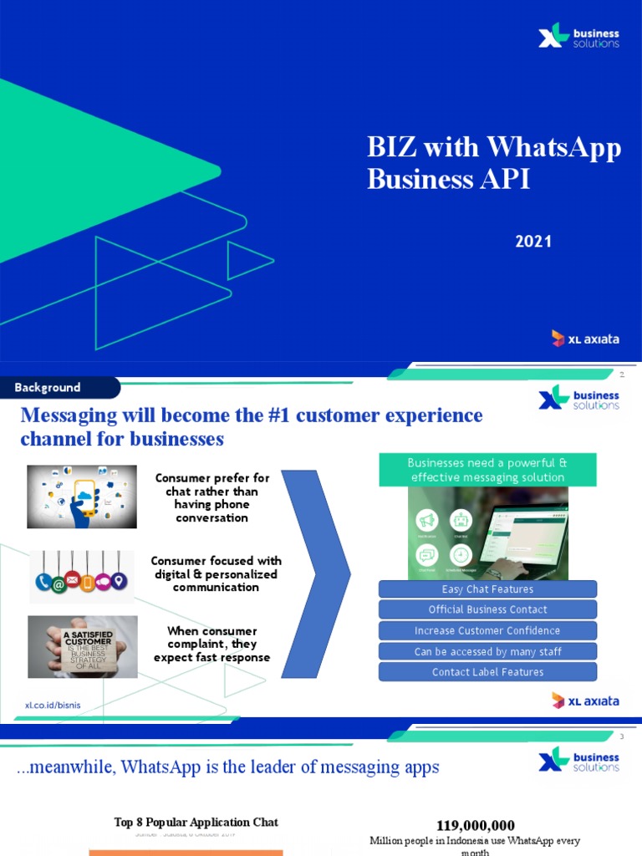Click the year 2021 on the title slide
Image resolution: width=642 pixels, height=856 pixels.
coord(533,242)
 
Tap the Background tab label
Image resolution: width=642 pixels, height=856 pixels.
coord(48,388)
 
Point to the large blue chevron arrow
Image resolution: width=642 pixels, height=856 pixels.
coord(319,575)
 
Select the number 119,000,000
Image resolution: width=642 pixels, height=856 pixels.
coord(476,826)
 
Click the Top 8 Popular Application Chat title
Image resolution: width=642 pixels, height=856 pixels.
coord(196,823)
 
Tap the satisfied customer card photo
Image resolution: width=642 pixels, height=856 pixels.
coord(82,647)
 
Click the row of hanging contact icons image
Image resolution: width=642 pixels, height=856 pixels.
coord(82,576)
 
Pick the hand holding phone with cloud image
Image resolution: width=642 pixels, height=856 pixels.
coord(82,497)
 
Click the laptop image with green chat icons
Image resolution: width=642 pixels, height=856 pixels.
coord(487,533)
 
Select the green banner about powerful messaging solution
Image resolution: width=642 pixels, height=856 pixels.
coord(487,470)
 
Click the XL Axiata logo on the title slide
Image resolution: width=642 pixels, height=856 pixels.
coord(585,339)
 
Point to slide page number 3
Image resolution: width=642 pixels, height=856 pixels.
coord(622,736)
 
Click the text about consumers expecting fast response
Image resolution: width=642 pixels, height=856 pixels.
coord(211,644)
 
